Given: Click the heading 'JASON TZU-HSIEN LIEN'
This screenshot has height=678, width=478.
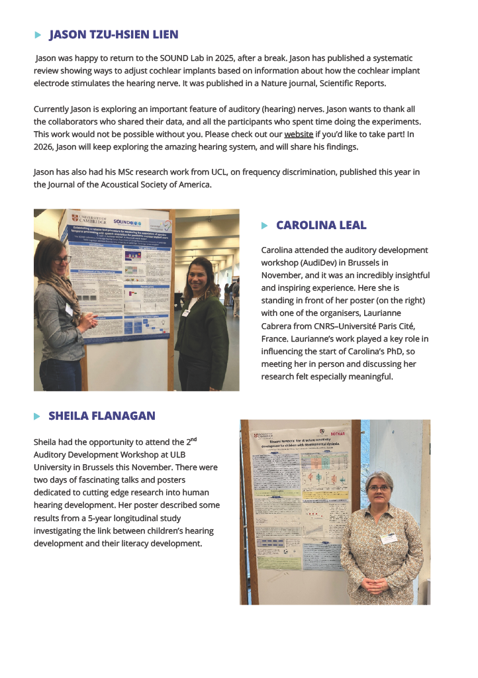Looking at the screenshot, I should coord(113,34).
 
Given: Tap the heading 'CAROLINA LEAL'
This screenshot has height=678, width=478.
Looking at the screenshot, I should coord(320,225).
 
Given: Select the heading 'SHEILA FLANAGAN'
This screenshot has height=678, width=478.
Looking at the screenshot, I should coord(101,416).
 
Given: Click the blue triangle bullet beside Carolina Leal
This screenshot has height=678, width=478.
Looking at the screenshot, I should coord(265,226).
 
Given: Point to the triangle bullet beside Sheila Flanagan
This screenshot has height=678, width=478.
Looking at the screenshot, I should coord(37,416).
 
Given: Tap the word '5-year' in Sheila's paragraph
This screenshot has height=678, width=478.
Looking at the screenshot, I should coord(119,518).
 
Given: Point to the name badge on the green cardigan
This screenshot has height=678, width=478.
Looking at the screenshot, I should coord(187,313).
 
